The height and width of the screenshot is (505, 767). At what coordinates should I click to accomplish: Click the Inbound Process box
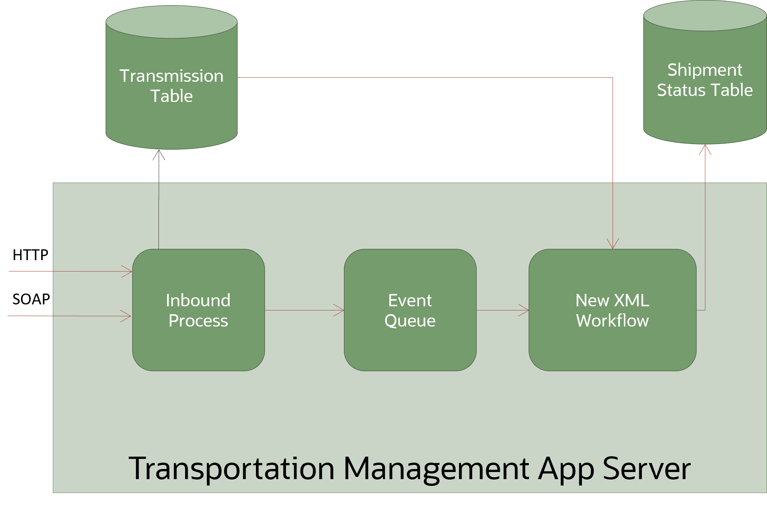pos(198,310)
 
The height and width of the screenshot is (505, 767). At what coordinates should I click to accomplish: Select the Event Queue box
pos(410,310)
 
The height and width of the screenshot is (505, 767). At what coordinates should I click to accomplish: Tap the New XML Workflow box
pos(612,310)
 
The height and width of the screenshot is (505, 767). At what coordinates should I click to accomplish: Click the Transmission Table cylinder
pos(171,86)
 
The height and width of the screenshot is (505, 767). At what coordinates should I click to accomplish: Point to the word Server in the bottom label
pos(647,469)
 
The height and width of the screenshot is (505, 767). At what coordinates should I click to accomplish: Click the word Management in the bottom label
pos(436,469)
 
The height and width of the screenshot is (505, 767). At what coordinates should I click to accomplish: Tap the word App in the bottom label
pos(566,469)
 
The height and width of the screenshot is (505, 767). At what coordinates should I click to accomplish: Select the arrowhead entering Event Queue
pos(340,310)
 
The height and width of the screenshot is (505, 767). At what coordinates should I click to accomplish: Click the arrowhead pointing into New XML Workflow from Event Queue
pos(525,310)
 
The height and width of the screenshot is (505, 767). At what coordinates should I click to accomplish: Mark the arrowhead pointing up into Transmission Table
pos(159,154)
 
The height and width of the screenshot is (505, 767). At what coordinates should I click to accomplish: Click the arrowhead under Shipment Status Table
pos(705,149)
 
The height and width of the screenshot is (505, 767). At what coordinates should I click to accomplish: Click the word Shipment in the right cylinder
pos(704,70)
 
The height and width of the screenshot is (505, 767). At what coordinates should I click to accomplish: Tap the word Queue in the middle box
pos(410,321)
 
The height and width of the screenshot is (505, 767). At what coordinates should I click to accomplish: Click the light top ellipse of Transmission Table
pos(171,22)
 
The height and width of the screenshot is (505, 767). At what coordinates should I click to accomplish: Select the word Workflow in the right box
pos(612,321)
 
